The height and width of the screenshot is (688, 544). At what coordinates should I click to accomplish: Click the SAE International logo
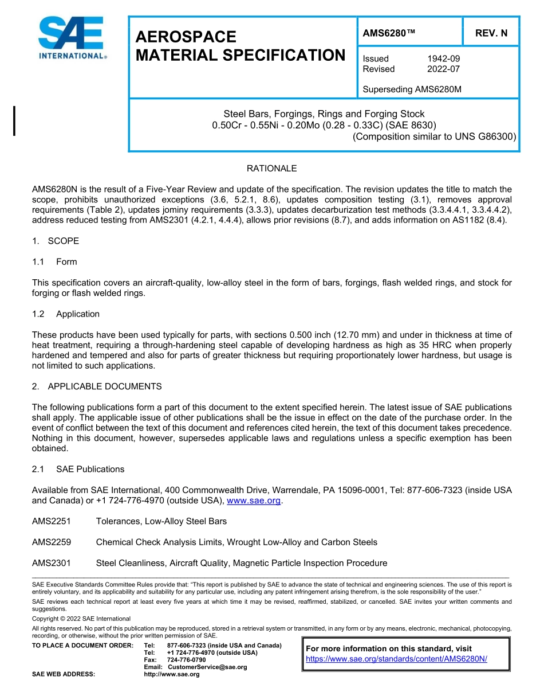72,38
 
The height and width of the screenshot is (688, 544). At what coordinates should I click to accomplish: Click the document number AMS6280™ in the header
389,33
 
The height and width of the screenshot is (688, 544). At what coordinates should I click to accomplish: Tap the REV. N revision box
491,33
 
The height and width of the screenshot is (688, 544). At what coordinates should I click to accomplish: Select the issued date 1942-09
443,58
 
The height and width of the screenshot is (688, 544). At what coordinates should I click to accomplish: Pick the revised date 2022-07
443,69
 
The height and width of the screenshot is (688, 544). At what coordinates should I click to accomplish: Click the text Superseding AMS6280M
412,89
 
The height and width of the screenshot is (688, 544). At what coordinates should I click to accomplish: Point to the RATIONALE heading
271,169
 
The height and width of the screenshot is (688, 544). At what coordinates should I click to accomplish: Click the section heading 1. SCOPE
56,241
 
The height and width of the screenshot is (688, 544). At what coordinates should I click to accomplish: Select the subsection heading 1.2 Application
66,314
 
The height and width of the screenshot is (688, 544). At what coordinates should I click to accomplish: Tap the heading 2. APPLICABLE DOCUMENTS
97,386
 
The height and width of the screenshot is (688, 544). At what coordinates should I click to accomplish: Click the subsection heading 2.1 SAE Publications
78,469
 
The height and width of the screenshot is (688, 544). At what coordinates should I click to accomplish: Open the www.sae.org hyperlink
254,501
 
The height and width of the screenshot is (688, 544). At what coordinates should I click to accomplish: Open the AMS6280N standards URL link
396,659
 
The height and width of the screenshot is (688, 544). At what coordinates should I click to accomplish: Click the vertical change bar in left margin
14,120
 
